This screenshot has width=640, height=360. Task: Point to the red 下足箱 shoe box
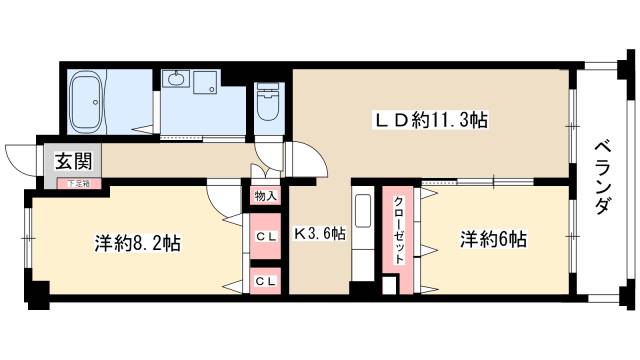[77, 184]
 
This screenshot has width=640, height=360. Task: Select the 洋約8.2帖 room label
[138, 243]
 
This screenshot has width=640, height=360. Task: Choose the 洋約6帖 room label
[493, 240]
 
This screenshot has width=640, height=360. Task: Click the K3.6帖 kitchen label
[319, 234]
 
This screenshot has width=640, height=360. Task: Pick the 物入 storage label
[265, 195]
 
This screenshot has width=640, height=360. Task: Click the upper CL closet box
[265, 236]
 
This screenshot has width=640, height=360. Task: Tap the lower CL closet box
[265, 281]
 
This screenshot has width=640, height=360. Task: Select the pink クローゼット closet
[397, 228]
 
